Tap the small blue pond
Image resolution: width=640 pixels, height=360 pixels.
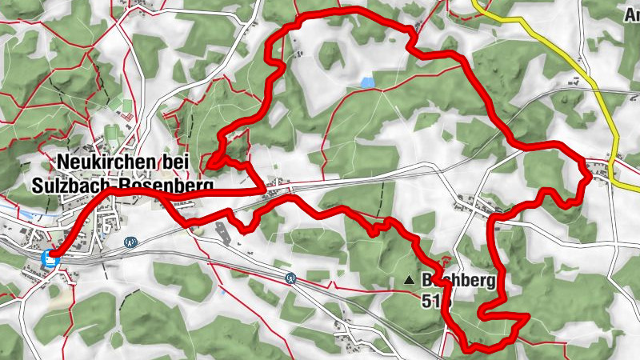click(x=366, y=82)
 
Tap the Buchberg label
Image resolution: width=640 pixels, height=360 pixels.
click(x=459, y=281)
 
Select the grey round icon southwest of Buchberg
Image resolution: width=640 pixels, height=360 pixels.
click(x=291, y=278)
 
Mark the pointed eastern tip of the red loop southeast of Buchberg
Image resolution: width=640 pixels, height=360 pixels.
click(x=527, y=318)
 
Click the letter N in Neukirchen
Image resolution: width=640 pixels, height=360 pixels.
click(x=63, y=162)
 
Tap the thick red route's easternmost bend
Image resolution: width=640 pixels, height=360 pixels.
click(x=590, y=178)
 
